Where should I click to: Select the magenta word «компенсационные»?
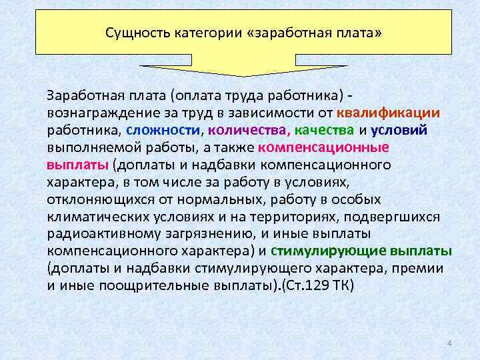point(324,147)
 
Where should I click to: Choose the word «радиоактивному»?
point(99,233)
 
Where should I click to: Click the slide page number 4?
point(449,343)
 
